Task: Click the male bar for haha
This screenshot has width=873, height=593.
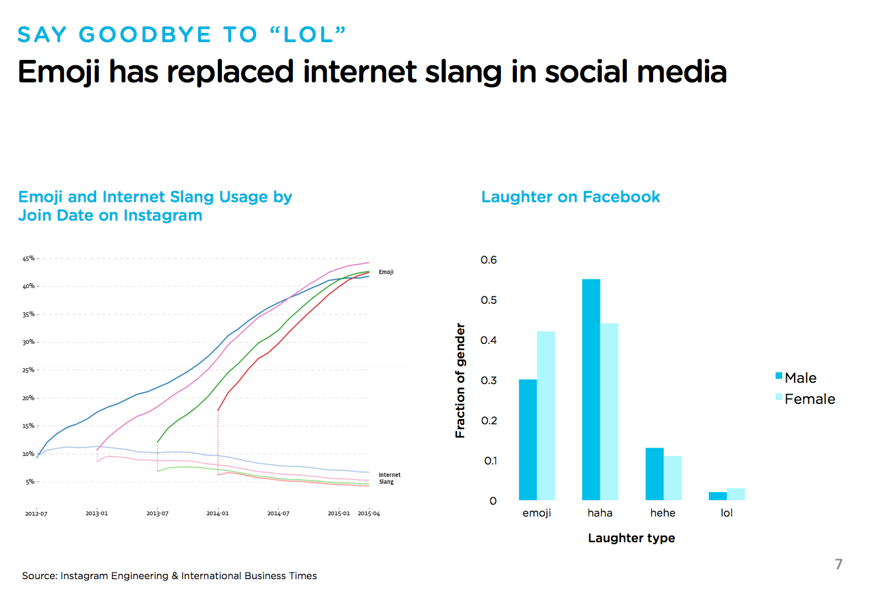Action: (x=591, y=389)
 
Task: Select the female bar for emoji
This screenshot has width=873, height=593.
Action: (x=546, y=416)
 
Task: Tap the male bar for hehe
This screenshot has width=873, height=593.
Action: (x=654, y=474)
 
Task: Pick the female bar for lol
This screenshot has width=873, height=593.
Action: (x=736, y=494)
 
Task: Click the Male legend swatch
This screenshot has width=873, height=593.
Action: (x=779, y=377)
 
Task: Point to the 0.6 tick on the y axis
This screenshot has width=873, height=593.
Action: (x=489, y=260)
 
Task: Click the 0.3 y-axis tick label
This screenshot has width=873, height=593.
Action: (x=489, y=380)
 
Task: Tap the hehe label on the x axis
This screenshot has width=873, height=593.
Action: (x=662, y=513)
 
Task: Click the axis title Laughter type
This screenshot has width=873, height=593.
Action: (x=631, y=538)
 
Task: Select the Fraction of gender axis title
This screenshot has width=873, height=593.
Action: (x=460, y=380)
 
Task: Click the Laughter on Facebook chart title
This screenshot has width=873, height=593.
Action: (x=570, y=197)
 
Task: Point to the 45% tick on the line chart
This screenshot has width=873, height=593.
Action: (x=28, y=258)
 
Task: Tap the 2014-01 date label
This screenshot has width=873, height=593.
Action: (x=217, y=514)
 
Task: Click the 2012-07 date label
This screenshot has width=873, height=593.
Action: (x=36, y=514)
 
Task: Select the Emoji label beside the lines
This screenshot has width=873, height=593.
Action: (x=386, y=272)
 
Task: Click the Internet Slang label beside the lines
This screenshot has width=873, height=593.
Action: (x=389, y=478)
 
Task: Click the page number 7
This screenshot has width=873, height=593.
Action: (x=838, y=564)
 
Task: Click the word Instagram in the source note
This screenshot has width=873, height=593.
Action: (x=84, y=576)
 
